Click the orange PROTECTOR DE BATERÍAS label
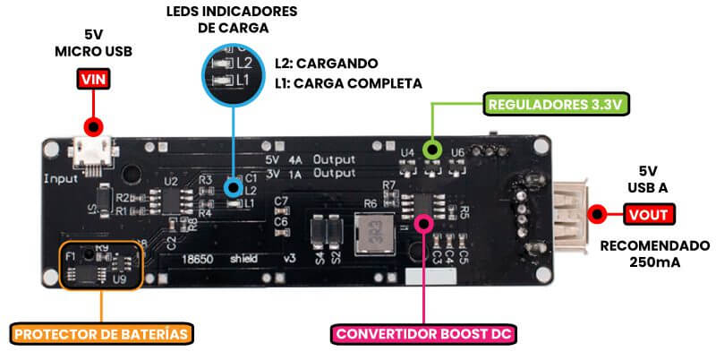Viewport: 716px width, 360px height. [102, 335]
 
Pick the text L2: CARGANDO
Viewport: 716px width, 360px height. [325, 64]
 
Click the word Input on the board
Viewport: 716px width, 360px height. [61, 179]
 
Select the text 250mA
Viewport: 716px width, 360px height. [653, 264]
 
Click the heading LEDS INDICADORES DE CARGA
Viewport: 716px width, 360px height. [233, 19]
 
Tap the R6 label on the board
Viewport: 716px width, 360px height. [370, 204]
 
